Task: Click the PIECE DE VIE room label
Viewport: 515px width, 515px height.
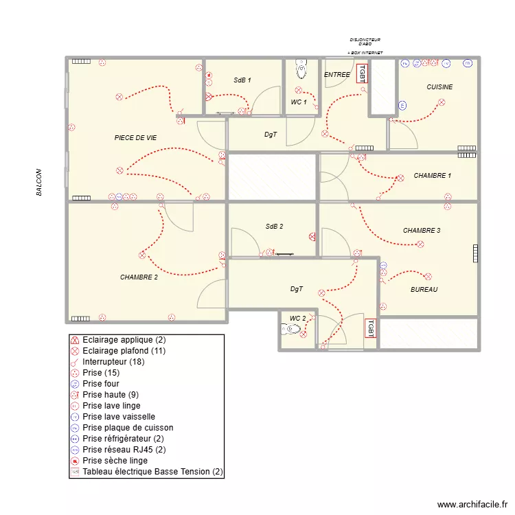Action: point(135,138)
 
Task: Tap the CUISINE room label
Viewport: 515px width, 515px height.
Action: point(439,87)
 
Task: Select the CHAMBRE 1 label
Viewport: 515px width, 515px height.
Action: point(432,176)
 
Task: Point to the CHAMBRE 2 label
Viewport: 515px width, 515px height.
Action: point(139,277)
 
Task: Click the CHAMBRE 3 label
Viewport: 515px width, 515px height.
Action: point(422,231)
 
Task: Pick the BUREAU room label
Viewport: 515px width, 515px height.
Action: point(424,290)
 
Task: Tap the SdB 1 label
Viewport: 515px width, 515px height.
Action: point(242,80)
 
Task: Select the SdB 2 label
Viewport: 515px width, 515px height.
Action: point(274,226)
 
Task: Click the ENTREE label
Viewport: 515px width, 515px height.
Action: point(336,74)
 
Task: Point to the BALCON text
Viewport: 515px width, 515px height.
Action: point(39,183)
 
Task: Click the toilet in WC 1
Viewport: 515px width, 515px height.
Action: point(301,69)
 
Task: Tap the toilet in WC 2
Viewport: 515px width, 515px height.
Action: point(292,330)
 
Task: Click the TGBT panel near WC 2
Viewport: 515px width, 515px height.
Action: point(369,328)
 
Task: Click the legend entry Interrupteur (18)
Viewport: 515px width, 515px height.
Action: point(113,362)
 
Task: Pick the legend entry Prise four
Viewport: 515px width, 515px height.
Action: point(102,384)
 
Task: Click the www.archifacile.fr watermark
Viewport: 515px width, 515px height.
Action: point(470,504)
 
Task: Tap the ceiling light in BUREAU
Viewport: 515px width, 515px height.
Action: point(429,277)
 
